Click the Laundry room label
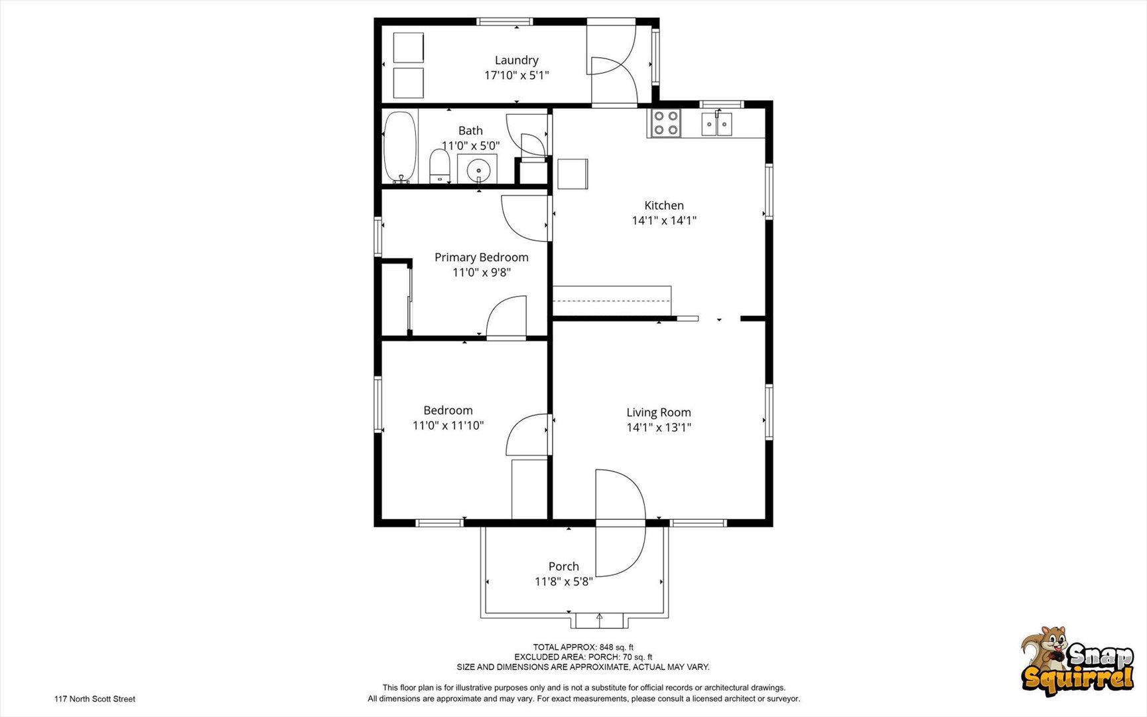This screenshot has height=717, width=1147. [516, 60]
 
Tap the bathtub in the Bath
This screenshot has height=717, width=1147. [400, 147]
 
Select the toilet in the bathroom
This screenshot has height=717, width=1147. [439, 166]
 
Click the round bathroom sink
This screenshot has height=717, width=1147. [478, 170]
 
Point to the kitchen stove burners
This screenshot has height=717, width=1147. [665, 123]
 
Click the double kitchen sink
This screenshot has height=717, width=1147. [716, 124]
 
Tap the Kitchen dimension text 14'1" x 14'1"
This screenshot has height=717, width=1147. [664, 220]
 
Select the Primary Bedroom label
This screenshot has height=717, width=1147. [482, 257]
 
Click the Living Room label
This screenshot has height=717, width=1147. [659, 412]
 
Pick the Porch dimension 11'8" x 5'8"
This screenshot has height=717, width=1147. [564, 582]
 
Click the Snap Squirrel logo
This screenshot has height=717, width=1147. [1077, 661]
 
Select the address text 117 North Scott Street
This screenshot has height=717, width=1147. [95, 699]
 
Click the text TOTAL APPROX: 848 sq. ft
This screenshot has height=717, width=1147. [583, 647]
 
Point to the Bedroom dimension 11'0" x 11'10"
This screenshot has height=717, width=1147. [448, 426]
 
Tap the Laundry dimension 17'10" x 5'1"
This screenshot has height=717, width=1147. [517, 76]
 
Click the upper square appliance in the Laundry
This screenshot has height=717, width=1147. [409, 48]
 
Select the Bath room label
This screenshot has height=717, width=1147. [470, 131]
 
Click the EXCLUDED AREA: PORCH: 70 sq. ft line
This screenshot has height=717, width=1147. [583, 657]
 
